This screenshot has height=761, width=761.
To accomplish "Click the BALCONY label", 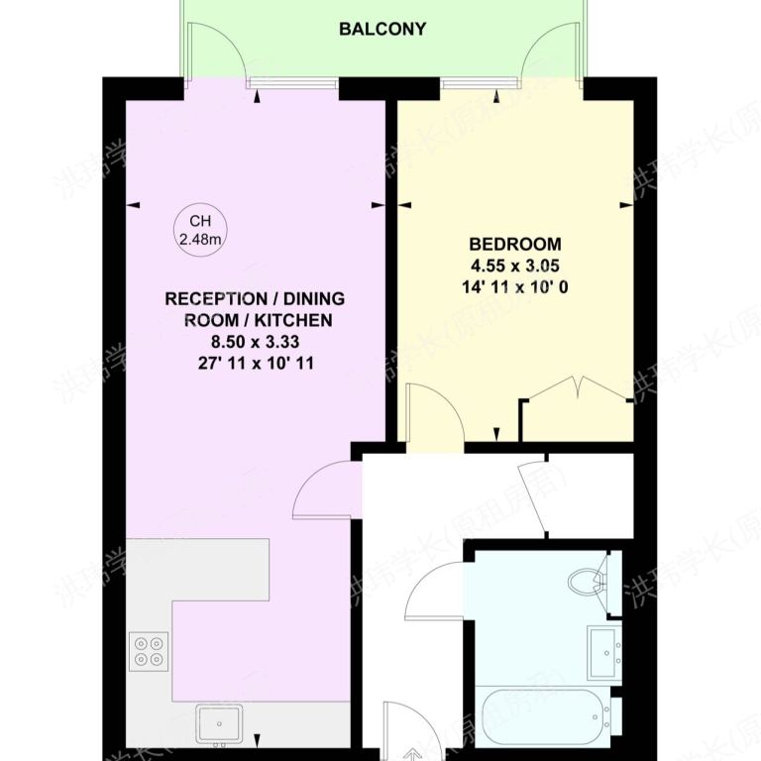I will (x=382, y=29).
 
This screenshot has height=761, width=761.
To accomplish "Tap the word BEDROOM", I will (x=515, y=244).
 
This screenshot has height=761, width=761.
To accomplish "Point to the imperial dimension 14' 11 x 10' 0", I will (x=515, y=288).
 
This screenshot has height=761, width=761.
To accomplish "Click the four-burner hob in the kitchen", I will (x=148, y=649).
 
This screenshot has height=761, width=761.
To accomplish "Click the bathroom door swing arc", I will (x=432, y=592).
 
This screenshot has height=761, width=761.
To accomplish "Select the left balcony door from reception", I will (x=211, y=49).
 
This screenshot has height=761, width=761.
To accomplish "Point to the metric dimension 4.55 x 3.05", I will (x=515, y=266).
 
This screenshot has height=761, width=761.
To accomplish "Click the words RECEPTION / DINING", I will (x=254, y=298).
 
